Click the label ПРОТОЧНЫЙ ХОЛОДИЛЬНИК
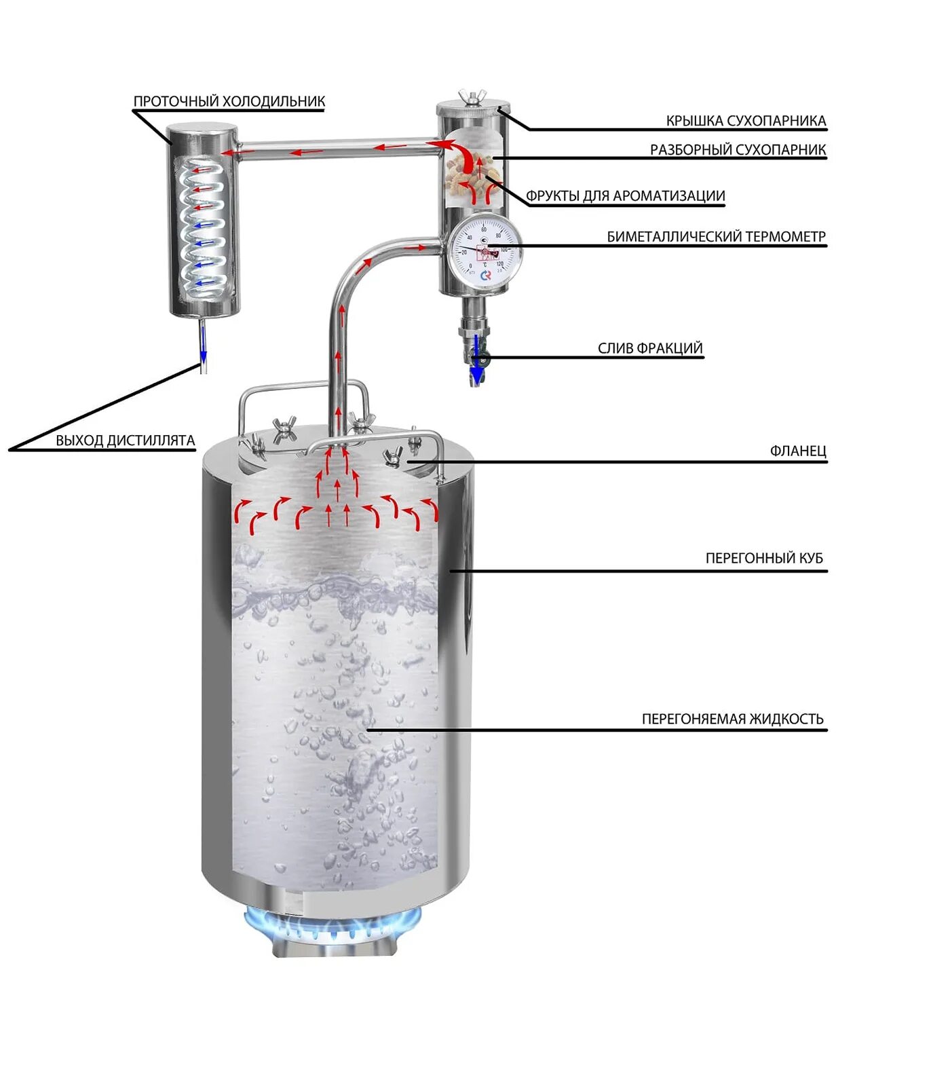(229, 101)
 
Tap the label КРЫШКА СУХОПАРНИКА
(746, 121)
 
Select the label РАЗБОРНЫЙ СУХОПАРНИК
(738, 149)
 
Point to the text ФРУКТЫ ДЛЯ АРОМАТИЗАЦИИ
(626, 196)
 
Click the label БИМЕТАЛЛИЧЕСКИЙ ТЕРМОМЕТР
(716, 237)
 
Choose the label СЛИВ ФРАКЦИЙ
(649, 348)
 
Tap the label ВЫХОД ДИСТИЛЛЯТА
(126, 441)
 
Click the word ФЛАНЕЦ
(798, 451)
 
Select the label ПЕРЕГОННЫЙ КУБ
(764, 558)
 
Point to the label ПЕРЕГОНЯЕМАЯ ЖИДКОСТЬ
(732, 719)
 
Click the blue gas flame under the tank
(332, 923)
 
